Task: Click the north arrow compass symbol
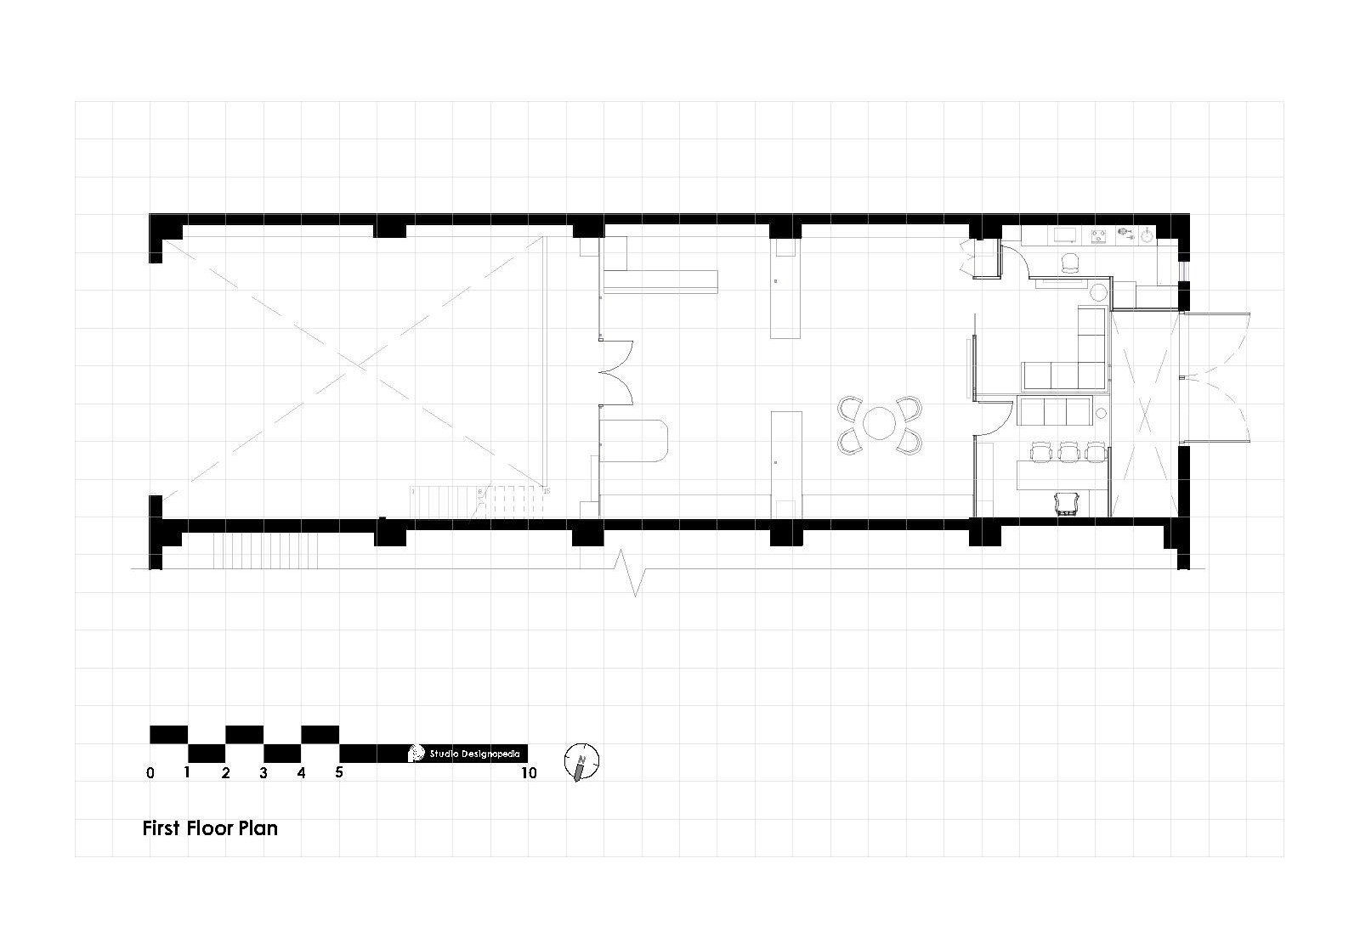(581, 762)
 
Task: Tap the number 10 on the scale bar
(529, 773)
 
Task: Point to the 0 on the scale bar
(150, 773)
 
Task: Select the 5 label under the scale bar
(339, 773)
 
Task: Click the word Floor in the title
(213, 828)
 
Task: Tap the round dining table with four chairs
(880, 422)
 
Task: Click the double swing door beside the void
(615, 374)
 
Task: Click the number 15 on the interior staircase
(546, 491)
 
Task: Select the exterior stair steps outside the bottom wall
(265, 551)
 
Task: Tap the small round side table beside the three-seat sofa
(1101, 413)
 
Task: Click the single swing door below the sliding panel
(994, 417)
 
